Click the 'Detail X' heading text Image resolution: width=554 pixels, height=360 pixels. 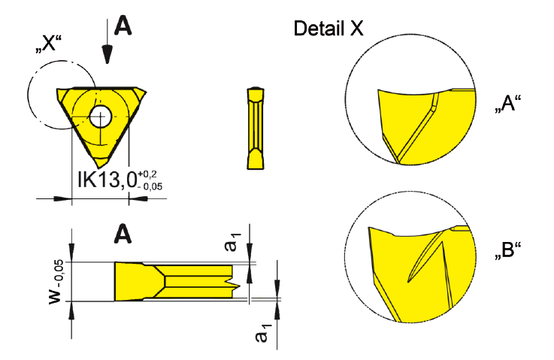click(x=328, y=29)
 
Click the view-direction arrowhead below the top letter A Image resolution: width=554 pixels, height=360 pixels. click(x=107, y=54)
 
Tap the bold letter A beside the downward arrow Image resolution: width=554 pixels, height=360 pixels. click(x=123, y=26)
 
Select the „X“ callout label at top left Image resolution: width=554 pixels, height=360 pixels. click(x=48, y=44)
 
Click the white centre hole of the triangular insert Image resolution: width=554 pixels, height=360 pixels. click(x=100, y=116)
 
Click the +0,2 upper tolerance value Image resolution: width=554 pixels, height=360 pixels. click(x=147, y=174)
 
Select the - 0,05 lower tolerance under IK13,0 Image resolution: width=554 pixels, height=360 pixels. click(x=150, y=186)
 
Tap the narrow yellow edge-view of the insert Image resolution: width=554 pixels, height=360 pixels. click(x=256, y=129)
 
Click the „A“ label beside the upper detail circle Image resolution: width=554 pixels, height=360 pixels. click(x=507, y=104)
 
